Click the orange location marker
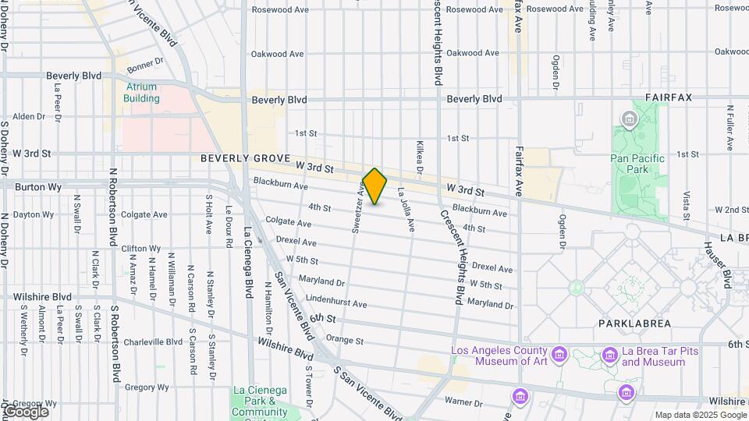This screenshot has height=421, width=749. [375, 186]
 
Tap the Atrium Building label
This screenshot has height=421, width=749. [141, 93]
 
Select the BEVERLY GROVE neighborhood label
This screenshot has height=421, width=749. [244, 158]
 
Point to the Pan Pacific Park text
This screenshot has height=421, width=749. [637, 164]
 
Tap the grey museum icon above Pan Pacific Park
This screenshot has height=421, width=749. [629, 119]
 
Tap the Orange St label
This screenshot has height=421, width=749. [345, 340]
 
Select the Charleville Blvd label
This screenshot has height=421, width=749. [153, 341]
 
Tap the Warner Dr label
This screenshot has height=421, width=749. [463, 402]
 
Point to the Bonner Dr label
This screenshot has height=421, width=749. [146, 61]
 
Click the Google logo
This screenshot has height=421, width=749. [25, 411]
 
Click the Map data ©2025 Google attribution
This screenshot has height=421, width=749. [700, 415]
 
